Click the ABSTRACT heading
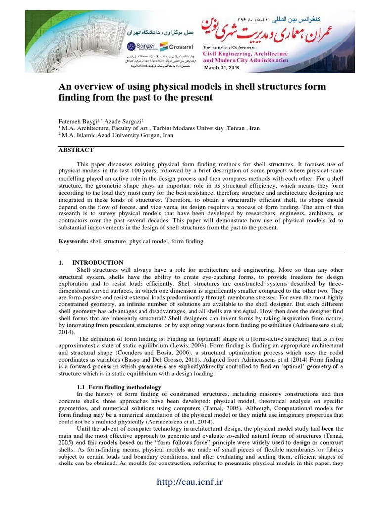click(x=76, y=150)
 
